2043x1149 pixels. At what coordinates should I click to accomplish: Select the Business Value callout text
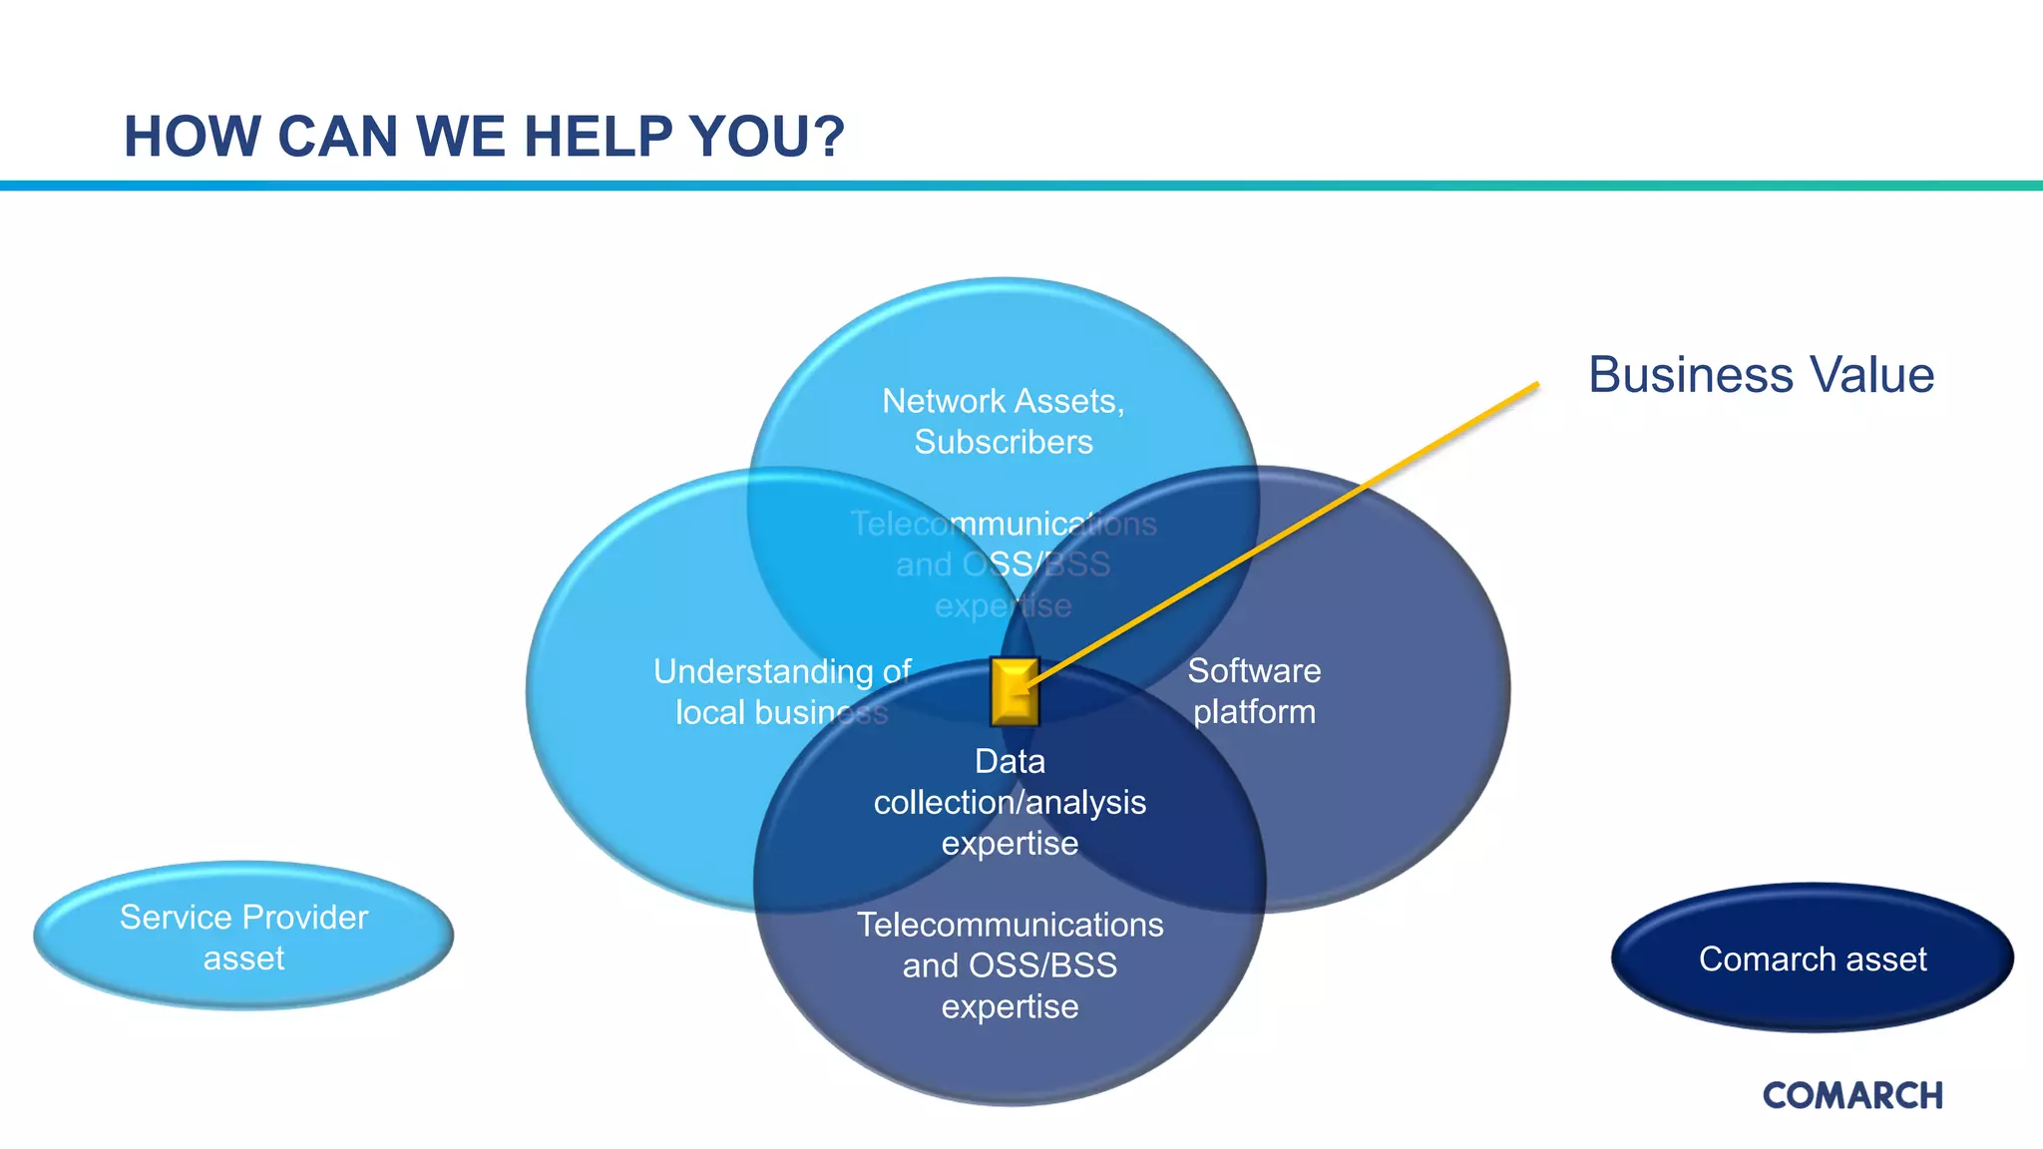(1761, 375)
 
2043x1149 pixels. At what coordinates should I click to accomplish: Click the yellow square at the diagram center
(1015, 691)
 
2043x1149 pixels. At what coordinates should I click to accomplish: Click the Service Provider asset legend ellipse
(243, 936)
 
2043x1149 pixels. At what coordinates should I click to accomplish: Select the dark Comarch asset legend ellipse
(1812, 958)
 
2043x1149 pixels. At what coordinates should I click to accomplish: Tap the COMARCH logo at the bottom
(1852, 1095)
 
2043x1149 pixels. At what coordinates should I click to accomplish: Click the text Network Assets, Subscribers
(1004, 421)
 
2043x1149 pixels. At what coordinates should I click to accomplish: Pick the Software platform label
(1254, 691)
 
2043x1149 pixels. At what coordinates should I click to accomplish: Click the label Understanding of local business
(781, 691)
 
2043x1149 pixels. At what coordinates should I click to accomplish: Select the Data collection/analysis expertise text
(1010, 802)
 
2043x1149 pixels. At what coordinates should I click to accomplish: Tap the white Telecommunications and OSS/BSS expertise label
(1010, 965)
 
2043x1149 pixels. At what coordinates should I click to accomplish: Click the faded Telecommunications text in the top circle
(1003, 524)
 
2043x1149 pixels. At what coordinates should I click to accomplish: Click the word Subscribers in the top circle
(1004, 442)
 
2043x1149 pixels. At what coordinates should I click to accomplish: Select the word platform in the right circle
(1254, 712)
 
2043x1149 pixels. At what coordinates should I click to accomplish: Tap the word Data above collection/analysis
(1010, 761)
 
